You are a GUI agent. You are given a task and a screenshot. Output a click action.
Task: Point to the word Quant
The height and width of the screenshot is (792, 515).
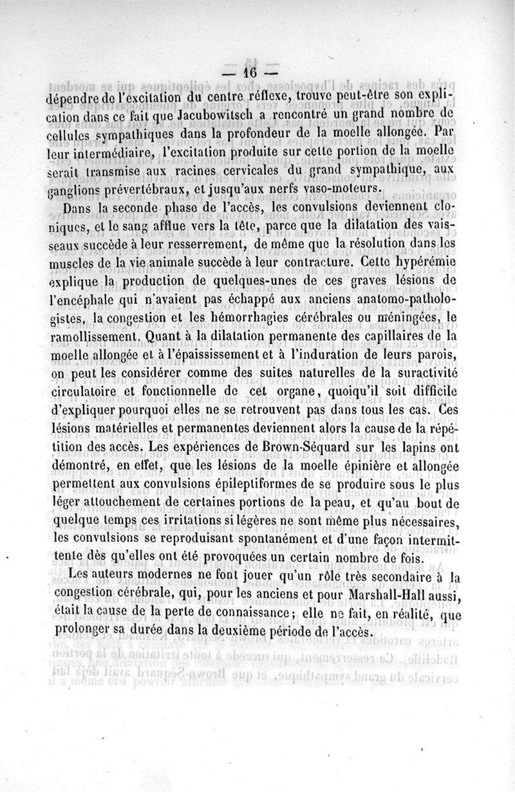click(165, 335)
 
